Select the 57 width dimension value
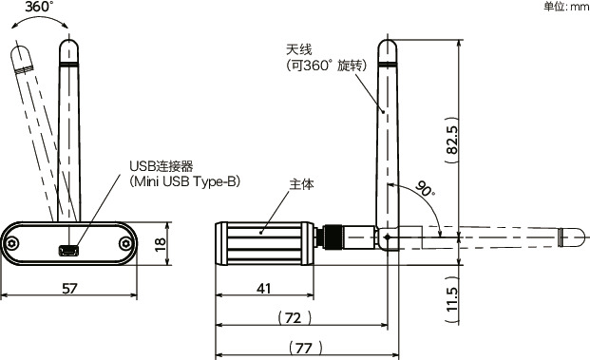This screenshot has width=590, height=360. tap(69, 289)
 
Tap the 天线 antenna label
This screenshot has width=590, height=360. tap(298, 49)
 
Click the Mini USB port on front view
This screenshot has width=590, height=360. tap(68, 251)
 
